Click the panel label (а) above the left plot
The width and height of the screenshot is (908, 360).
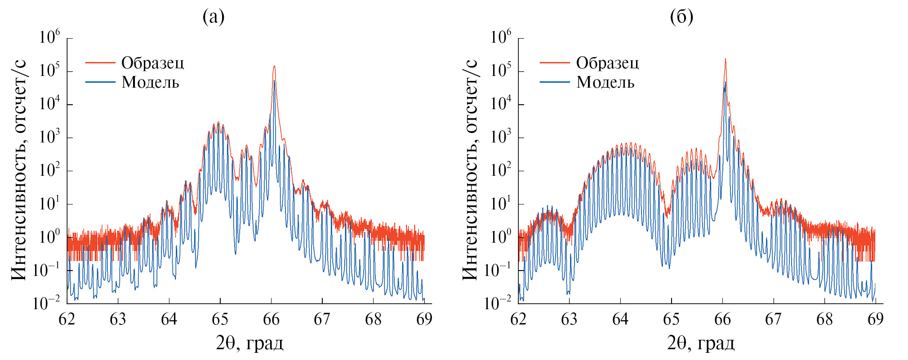[x=214, y=17]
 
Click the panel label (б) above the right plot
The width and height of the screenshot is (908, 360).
[x=681, y=17]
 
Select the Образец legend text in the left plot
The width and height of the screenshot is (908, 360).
[x=152, y=63]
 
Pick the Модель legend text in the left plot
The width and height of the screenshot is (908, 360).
[x=150, y=82]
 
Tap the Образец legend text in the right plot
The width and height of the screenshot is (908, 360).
[x=607, y=63]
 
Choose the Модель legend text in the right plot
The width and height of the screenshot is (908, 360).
[x=605, y=82]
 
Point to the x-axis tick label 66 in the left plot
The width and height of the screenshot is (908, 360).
[x=271, y=319]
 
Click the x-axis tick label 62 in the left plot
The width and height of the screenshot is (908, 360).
[x=67, y=319]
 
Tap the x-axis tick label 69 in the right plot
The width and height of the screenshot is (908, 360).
[x=875, y=319]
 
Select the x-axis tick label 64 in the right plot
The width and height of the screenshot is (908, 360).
[x=620, y=319]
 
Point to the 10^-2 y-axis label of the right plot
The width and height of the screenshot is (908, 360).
[x=497, y=302]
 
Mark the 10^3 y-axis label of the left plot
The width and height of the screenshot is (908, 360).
[x=49, y=137]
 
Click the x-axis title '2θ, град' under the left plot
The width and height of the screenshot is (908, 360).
[x=249, y=343]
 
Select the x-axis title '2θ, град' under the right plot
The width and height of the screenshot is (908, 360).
[x=701, y=343]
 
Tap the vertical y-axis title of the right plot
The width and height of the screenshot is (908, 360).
[x=470, y=170]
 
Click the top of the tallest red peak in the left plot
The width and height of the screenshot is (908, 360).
[x=274, y=67]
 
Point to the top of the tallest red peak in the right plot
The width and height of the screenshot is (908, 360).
[x=725, y=59]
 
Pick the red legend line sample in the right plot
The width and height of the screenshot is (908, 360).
[x=554, y=63]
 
